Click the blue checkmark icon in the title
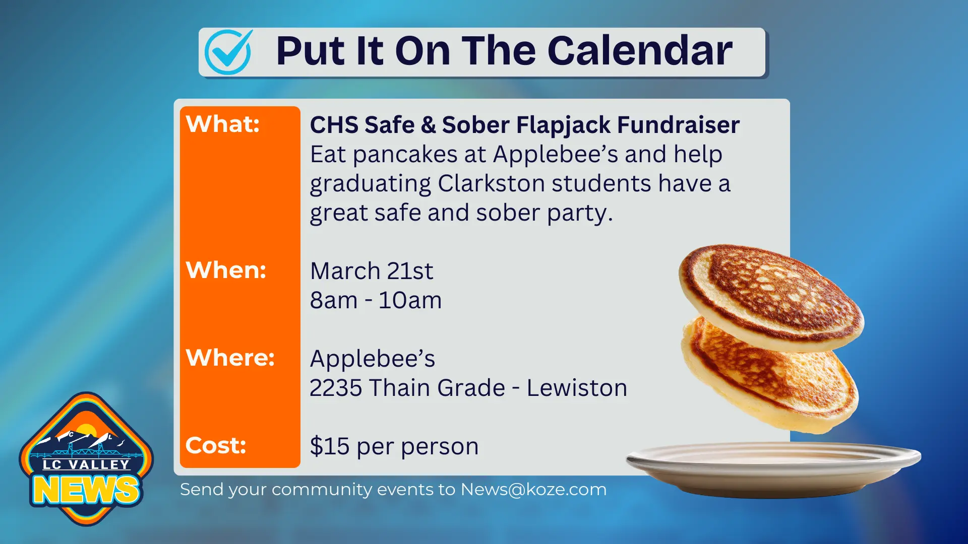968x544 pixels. pos(228,51)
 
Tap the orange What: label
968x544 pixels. pos(223,124)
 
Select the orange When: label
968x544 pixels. pos(226,270)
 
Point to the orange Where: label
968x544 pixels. pos(230,358)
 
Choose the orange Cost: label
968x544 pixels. pos(216,445)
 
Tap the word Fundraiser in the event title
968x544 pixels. pos(678,125)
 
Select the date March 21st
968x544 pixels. pos(372,271)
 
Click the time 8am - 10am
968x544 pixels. pos(376,300)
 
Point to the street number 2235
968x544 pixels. pos(336,388)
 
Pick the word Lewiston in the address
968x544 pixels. pos(577,388)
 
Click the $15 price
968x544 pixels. pos(330,446)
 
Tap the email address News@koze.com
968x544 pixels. pos(533,490)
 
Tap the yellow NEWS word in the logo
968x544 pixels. pos(86,490)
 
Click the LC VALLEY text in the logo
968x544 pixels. pos(86,464)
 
